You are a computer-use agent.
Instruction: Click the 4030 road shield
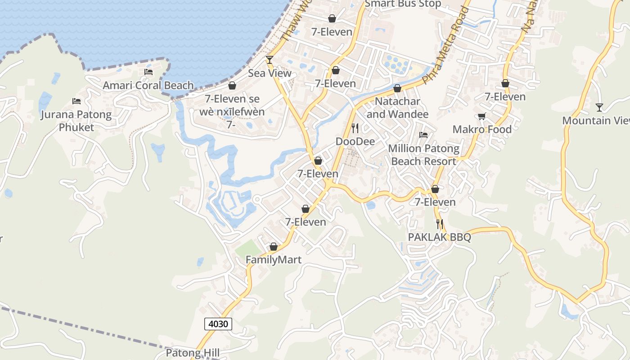point(218,324)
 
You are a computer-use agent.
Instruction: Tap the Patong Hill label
point(193,353)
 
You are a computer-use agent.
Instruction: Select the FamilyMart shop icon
point(273,247)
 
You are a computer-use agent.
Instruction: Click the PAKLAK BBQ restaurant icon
point(440,224)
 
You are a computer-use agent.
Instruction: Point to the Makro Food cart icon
point(481,117)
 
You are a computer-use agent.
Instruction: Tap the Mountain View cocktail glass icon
point(599,107)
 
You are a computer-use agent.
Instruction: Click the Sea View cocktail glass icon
point(270,59)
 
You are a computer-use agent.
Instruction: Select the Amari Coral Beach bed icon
point(148,72)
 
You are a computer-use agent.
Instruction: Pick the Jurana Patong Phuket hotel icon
point(76,101)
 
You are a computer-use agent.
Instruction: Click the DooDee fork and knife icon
point(355,128)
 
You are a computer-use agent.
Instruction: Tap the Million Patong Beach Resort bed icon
point(423,135)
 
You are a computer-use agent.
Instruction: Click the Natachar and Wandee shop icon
point(397,88)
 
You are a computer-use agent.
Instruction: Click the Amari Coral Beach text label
point(148,85)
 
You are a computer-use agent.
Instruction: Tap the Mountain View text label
point(596,121)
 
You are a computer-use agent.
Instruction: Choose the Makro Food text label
point(482,130)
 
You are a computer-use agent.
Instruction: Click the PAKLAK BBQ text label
point(439,237)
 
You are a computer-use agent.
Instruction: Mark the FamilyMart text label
point(274,260)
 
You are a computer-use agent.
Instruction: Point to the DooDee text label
point(355,141)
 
